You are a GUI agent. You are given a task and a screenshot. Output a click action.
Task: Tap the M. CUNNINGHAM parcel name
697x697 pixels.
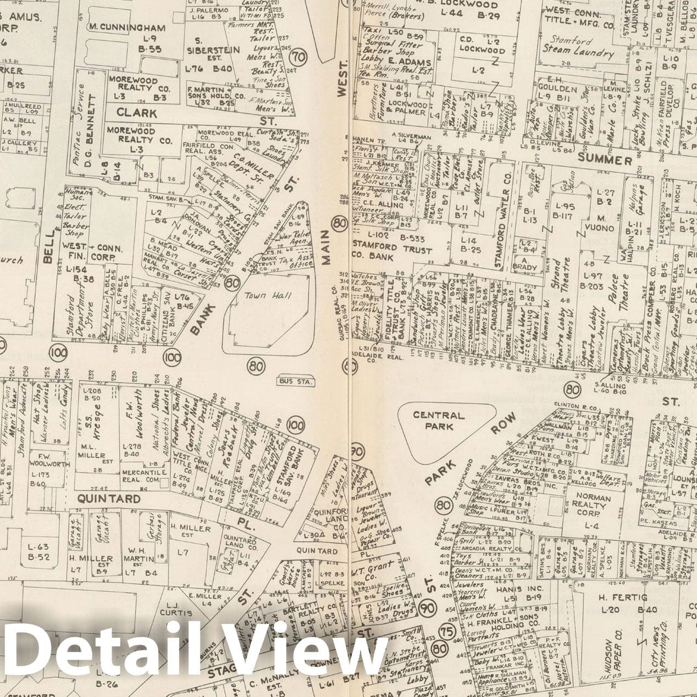[x=127, y=27]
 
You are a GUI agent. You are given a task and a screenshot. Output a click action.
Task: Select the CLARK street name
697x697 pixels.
[x=137, y=113]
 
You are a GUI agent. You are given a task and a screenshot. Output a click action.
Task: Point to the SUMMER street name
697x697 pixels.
[x=605, y=160]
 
